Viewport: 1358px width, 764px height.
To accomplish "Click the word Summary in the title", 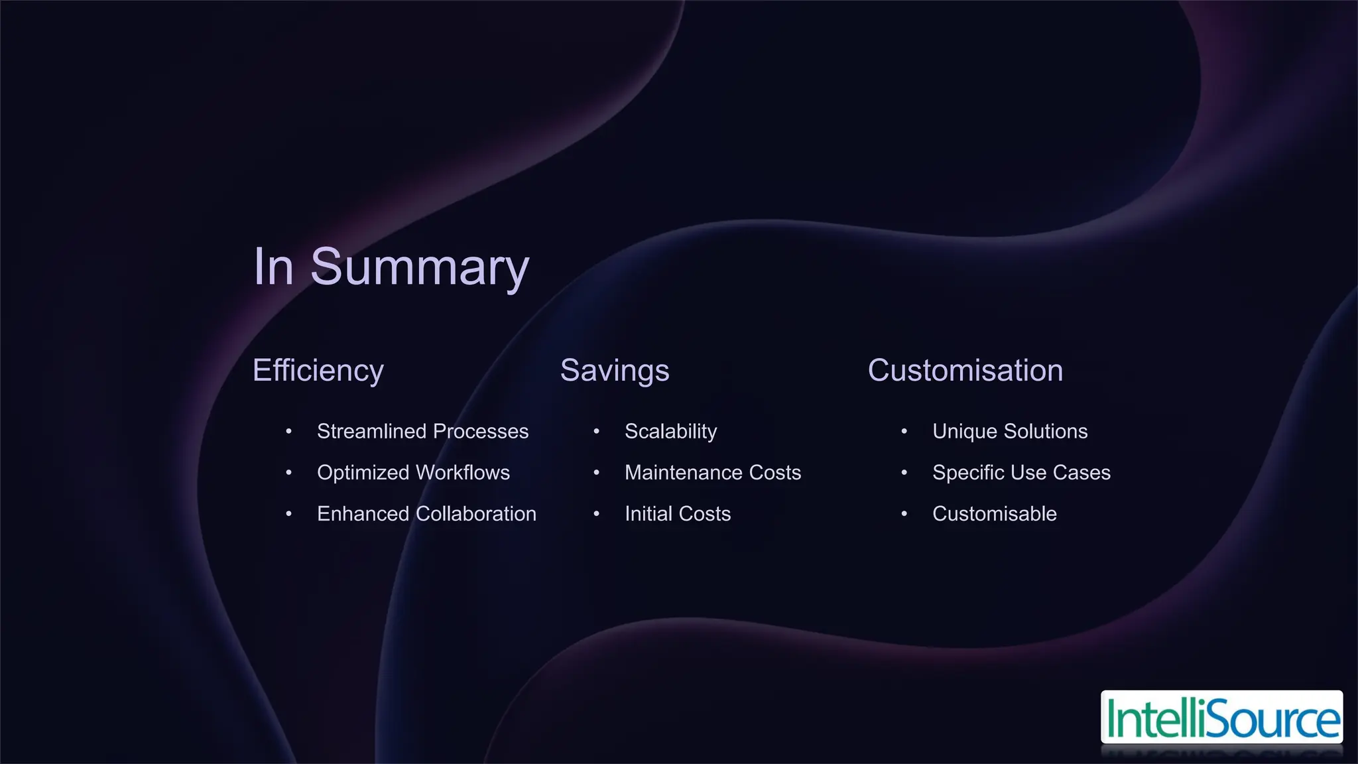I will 419,267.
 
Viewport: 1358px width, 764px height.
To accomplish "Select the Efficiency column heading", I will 318,370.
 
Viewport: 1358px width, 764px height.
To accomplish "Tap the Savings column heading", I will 614,370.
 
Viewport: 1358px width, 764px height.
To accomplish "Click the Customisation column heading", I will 965,370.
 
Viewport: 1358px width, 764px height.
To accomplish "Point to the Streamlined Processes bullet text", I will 422,431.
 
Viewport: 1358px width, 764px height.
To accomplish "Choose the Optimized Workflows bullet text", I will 413,472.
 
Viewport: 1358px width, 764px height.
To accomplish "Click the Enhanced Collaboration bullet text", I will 426,513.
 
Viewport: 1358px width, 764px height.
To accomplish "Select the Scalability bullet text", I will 670,431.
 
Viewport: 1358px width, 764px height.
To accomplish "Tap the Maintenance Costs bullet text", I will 712,472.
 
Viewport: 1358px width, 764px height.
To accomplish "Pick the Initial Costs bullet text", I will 677,513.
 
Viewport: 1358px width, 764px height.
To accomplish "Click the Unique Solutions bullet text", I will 1009,431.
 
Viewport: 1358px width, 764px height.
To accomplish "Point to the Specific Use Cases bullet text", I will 1021,472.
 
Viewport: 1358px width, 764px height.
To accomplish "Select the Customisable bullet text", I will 994,513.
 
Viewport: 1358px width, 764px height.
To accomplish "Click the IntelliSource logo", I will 1221,718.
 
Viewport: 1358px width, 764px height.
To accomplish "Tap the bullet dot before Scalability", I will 596,432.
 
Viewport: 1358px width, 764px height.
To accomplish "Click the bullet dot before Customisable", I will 904,514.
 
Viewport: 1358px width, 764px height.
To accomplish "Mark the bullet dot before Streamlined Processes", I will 288,432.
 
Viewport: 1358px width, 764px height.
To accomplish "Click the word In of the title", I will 273,267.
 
